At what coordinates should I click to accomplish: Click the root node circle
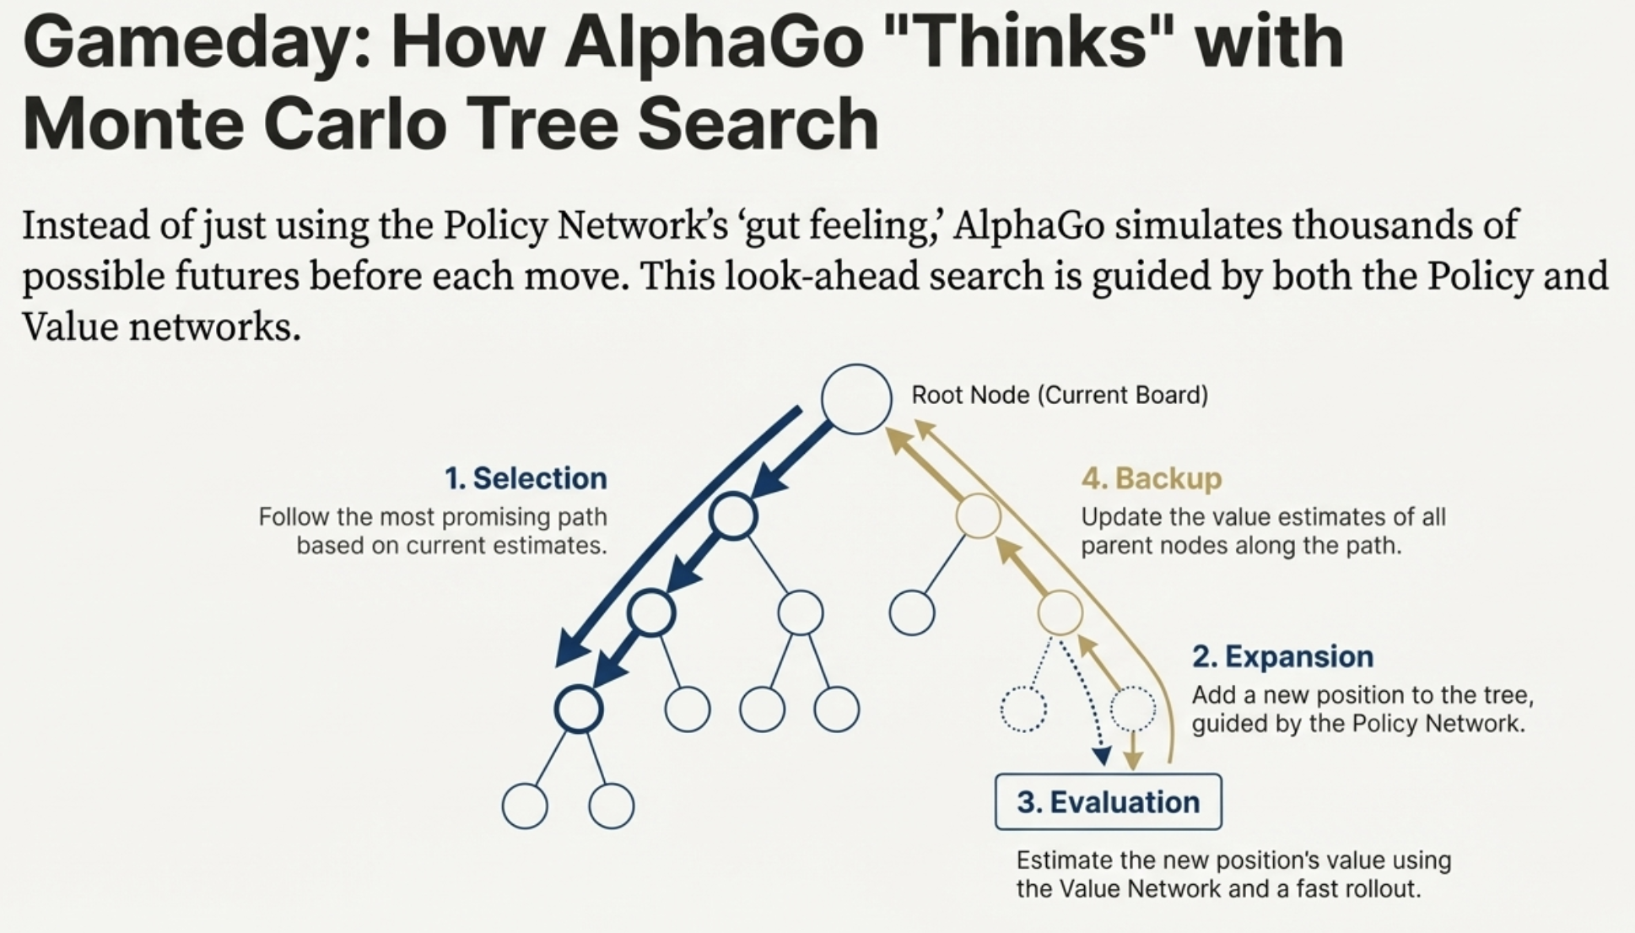click(856, 399)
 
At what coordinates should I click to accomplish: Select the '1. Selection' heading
click(526, 478)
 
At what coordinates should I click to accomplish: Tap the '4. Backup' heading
click(1152, 478)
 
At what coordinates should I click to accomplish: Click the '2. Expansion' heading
click(1282, 656)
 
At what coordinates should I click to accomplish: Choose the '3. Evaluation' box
click(1109, 801)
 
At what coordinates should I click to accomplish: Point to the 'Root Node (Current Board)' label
click(1060, 395)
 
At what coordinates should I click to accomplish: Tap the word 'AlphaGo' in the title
click(714, 44)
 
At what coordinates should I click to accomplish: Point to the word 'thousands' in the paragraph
click(1384, 225)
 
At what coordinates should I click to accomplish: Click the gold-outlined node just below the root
click(979, 516)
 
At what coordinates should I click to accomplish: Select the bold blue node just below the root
click(733, 516)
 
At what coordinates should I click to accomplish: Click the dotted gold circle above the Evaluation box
click(1133, 709)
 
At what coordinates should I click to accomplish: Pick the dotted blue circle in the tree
click(1023, 709)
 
